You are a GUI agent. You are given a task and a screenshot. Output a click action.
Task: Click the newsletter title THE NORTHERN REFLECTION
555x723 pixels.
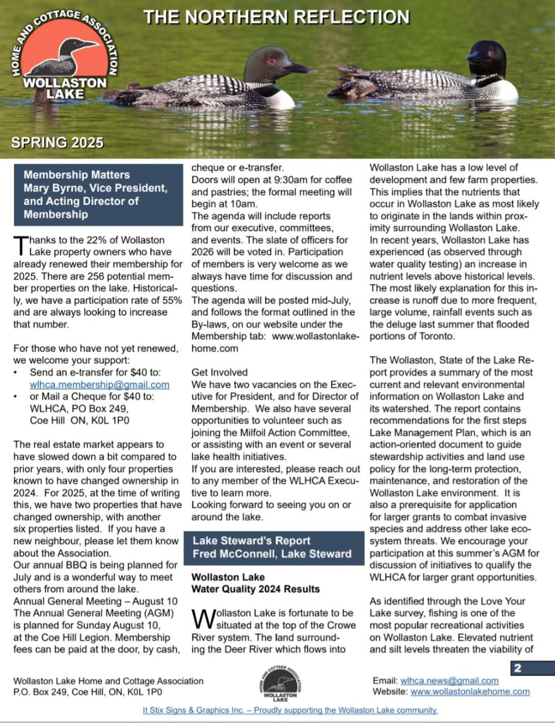click(x=276, y=17)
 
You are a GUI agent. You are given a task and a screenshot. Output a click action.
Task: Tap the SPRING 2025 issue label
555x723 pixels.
click(x=58, y=142)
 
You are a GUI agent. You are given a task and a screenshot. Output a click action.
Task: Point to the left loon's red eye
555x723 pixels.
click(x=272, y=61)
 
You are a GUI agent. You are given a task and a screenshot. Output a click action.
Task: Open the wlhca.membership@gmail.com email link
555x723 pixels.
click(x=99, y=384)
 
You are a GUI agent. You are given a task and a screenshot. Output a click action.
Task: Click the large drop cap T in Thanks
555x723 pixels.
click(x=20, y=245)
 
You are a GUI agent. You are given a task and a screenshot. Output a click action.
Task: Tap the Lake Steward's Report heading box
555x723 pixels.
click(x=274, y=547)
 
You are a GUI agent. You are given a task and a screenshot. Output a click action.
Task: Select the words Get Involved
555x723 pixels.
click(x=219, y=372)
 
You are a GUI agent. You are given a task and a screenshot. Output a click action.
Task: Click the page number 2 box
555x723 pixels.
click(x=517, y=668)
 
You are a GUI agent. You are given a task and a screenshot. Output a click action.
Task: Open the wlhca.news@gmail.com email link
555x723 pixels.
click(x=449, y=681)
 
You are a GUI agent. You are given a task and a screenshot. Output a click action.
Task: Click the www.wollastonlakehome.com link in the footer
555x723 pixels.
click(x=470, y=691)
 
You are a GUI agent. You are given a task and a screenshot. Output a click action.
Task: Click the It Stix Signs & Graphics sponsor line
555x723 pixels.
click(x=290, y=710)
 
